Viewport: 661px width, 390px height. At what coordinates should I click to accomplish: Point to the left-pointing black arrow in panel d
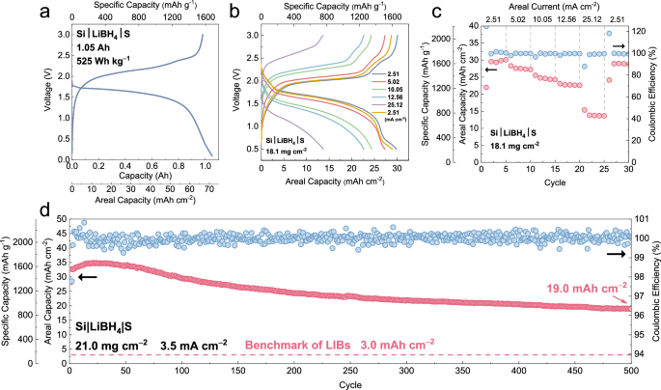[x=89, y=277]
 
